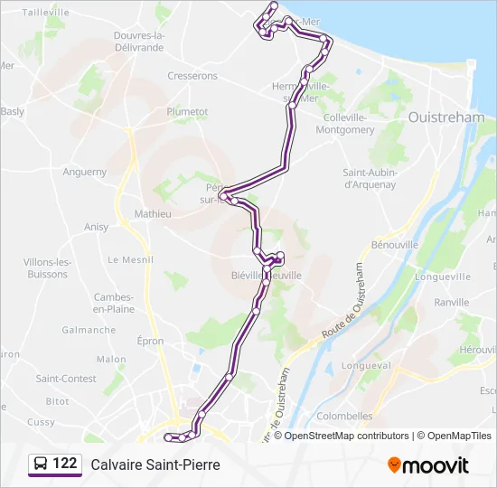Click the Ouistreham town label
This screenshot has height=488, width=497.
[447, 117]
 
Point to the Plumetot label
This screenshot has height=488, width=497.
[187, 112]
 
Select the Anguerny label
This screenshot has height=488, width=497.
[85, 172]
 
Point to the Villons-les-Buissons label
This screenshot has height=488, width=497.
[46, 267]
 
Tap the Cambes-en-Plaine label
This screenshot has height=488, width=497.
[114, 303]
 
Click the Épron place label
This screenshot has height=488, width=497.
[150, 342]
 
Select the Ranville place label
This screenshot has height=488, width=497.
[451, 303]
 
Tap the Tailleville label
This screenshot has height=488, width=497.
[45, 12]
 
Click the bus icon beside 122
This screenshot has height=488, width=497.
[40, 465]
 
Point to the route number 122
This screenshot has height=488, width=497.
[64, 464]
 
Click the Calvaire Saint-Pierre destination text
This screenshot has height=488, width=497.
[155, 465]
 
